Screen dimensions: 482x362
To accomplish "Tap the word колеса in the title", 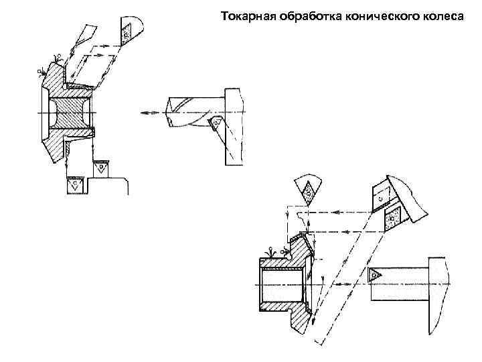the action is [442, 14].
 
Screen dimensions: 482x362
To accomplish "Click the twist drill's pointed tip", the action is [167, 113].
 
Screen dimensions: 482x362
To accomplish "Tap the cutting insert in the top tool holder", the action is [126, 32].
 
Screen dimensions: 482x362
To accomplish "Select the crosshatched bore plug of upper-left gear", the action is [67, 113].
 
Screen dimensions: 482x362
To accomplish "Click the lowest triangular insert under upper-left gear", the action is [74, 183].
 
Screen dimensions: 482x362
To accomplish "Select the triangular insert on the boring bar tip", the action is [375, 274].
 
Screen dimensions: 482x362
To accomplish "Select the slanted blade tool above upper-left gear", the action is [86, 34].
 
